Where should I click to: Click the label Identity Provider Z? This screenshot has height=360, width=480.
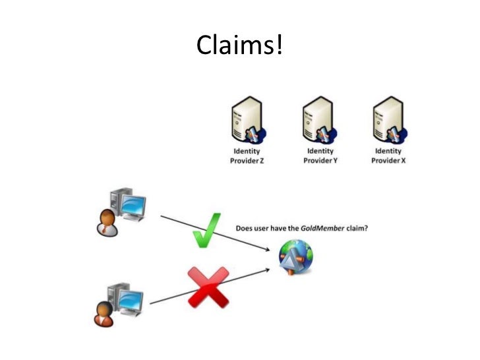click(246, 156)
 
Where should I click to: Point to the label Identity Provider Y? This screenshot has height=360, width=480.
click(320, 156)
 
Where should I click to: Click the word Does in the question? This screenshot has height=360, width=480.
click(245, 229)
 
